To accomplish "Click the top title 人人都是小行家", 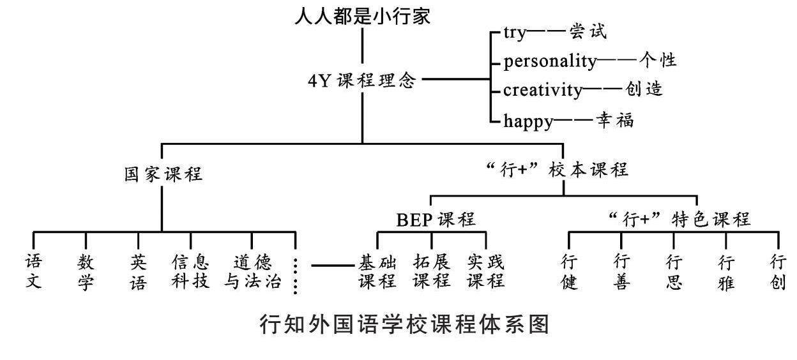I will (362, 16).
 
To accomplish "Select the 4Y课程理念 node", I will (362, 81).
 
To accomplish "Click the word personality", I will (549, 61).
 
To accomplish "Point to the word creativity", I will (542, 90).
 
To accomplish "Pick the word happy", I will (528, 121).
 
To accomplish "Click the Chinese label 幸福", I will (615, 121).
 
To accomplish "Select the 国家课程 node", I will (163, 174).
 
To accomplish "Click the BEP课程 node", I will (436, 220).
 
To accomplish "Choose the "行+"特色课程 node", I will (678, 220).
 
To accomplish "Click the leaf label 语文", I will (34, 271).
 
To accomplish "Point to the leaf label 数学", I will (86, 272).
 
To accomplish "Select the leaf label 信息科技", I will (190, 271).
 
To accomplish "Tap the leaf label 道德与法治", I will (252, 271).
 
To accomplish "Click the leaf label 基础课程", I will (377, 271).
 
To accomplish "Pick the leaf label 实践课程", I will (485, 271).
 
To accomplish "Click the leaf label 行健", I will (568, 272).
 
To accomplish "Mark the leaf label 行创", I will (777, 272).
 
